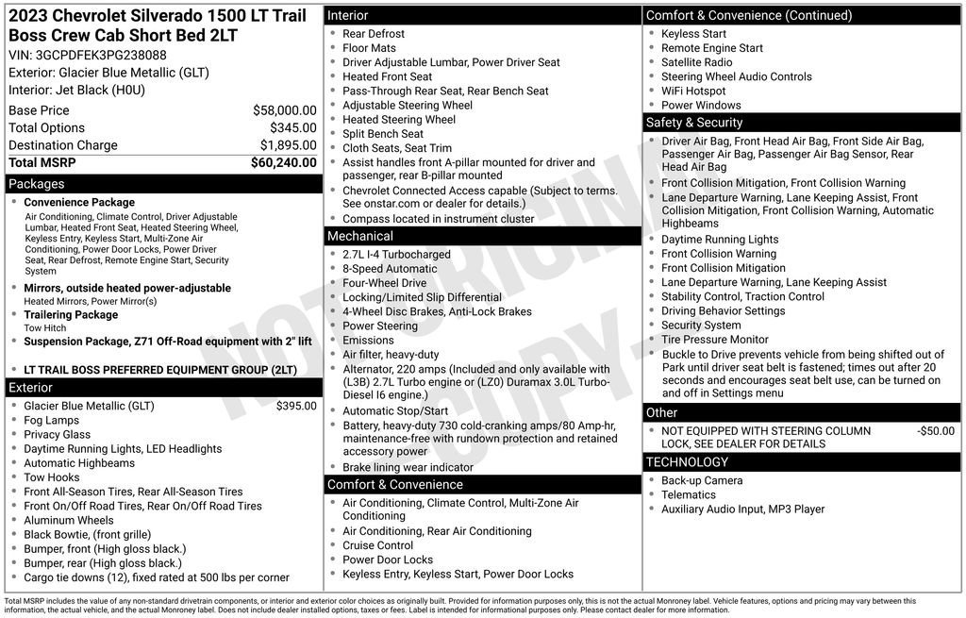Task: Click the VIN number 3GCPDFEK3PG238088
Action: pos(101,55)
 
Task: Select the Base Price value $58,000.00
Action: pos(284,110)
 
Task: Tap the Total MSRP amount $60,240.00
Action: pos(283,162)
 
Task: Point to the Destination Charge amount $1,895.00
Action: pos(288,145)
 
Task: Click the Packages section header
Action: pos(36,184)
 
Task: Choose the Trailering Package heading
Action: pos(71,315)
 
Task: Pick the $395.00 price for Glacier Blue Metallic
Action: pos(296,406)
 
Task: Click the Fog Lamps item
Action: pos(51,421)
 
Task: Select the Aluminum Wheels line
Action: pos(68,520)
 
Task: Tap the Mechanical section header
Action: pos(360,236)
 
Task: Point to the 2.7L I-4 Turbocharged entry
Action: pos(396,255)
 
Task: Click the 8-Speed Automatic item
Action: pos(390,269)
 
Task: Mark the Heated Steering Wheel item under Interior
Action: pos(398,120)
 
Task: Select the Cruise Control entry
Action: pos(377,545)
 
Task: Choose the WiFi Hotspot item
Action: pos(693,92)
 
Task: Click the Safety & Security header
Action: pos(694,123)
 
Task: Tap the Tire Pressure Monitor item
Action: pos(714,340)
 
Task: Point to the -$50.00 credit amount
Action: pos(935,431)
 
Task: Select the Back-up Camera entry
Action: pos(702,480)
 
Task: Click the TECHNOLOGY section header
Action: pos(687,462)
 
